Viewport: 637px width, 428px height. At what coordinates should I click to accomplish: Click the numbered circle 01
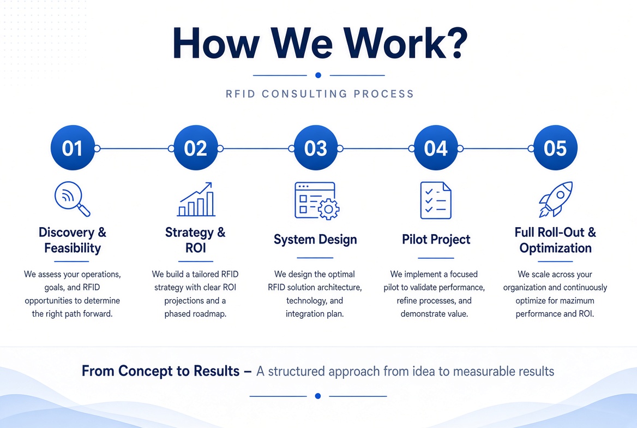[x=73, y=148]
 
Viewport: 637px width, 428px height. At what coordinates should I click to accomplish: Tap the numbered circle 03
[x=316, y=148]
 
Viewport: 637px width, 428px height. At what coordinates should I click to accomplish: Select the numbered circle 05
[x=555, y=148]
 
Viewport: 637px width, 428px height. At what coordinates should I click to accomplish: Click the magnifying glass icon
[x=72, y=199]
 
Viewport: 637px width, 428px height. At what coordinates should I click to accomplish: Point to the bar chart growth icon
[x=196, y=199]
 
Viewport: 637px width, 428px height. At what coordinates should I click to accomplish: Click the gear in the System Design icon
[x=329, y=209]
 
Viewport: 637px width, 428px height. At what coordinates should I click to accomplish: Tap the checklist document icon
[x=436, y=200]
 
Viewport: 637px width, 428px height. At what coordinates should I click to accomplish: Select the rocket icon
[x=556, y=199]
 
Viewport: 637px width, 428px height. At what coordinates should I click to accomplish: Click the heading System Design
[x=315, y=239]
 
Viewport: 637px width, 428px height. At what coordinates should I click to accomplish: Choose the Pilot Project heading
[x=436, y=239]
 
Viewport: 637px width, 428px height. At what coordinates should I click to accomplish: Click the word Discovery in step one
[x=67, y=233]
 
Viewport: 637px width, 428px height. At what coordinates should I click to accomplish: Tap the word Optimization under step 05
[x=555, y=248]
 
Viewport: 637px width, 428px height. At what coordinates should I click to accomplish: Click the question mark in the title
[x=456, y=43]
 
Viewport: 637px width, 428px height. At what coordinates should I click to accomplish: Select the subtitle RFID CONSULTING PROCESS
[x=320, y=94]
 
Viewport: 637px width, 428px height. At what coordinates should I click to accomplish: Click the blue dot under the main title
[x=318, y=75]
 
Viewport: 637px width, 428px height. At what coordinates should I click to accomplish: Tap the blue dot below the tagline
[x=318, y=396]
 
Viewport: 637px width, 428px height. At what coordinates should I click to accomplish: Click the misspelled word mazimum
[x=573, y=301]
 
